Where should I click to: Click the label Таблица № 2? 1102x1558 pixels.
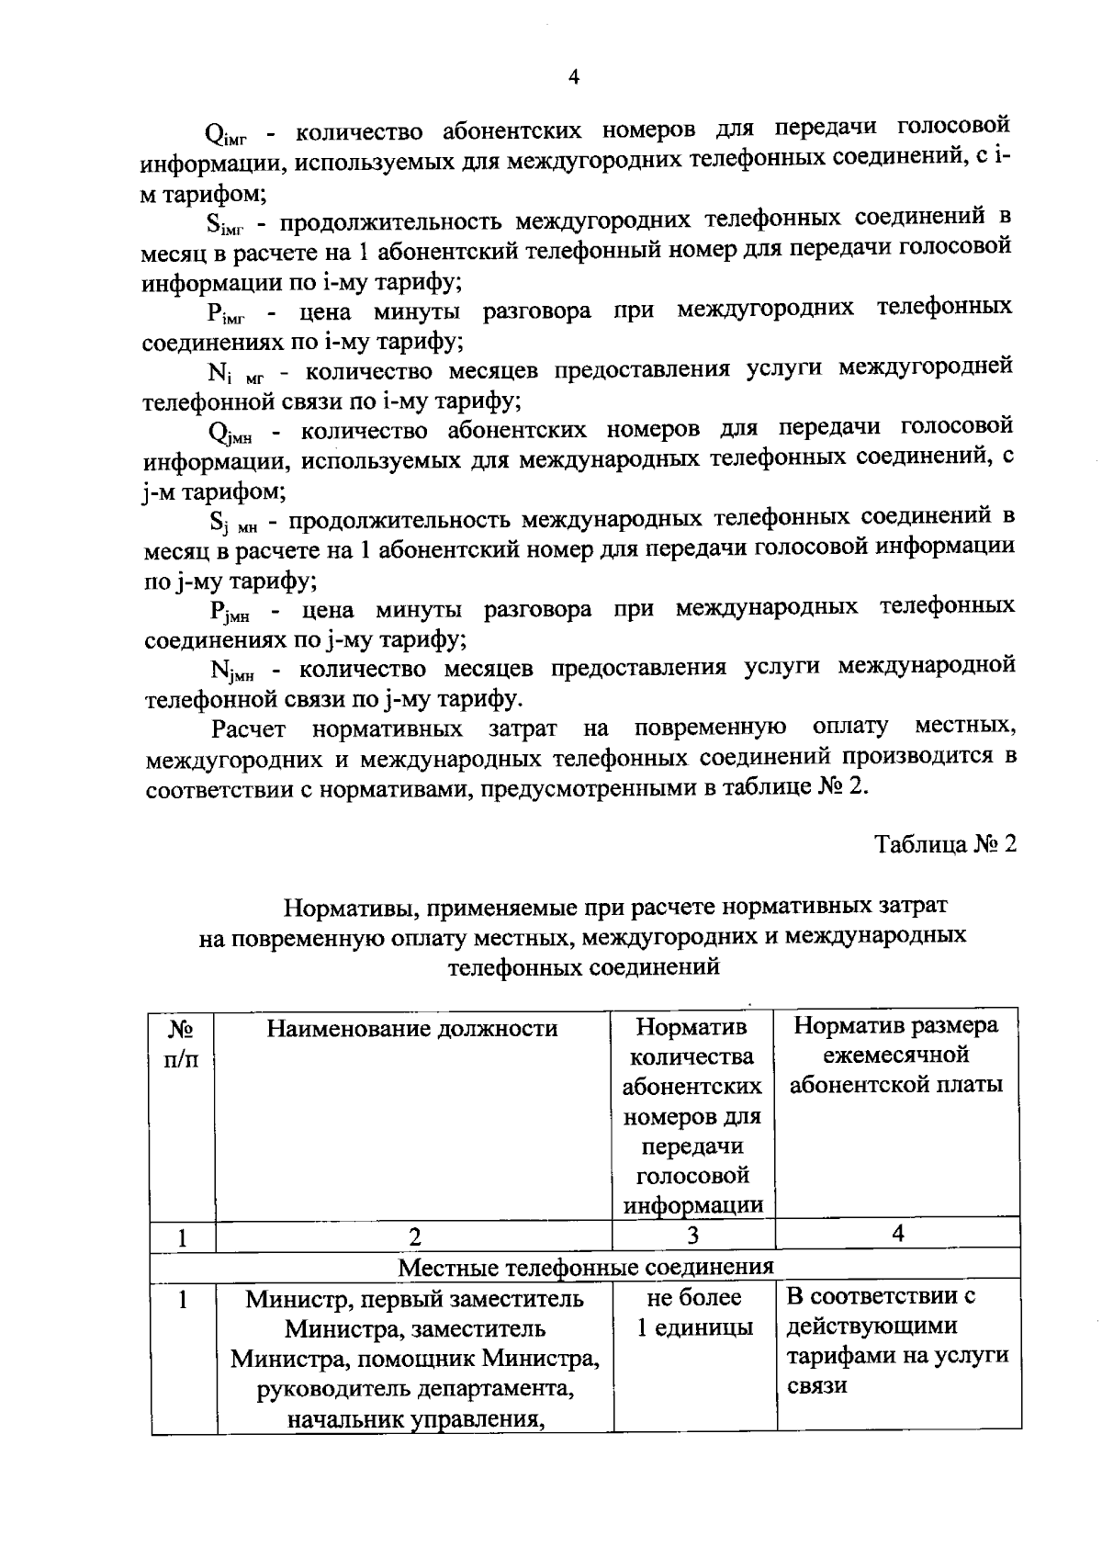coord(945,844)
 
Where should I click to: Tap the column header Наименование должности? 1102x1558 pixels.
coord(412,1028)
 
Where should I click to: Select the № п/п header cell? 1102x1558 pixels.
coord(181,1044)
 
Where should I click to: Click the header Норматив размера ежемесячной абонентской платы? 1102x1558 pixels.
coord(895,1056)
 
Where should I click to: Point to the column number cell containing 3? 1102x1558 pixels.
coord(692,1236)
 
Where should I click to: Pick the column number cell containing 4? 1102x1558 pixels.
coord(897,1234)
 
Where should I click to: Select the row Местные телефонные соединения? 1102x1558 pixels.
coord(585,1267)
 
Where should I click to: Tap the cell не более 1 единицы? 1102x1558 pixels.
coord(693,1313)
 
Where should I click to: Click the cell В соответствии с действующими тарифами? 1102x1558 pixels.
coord(897,1341)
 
